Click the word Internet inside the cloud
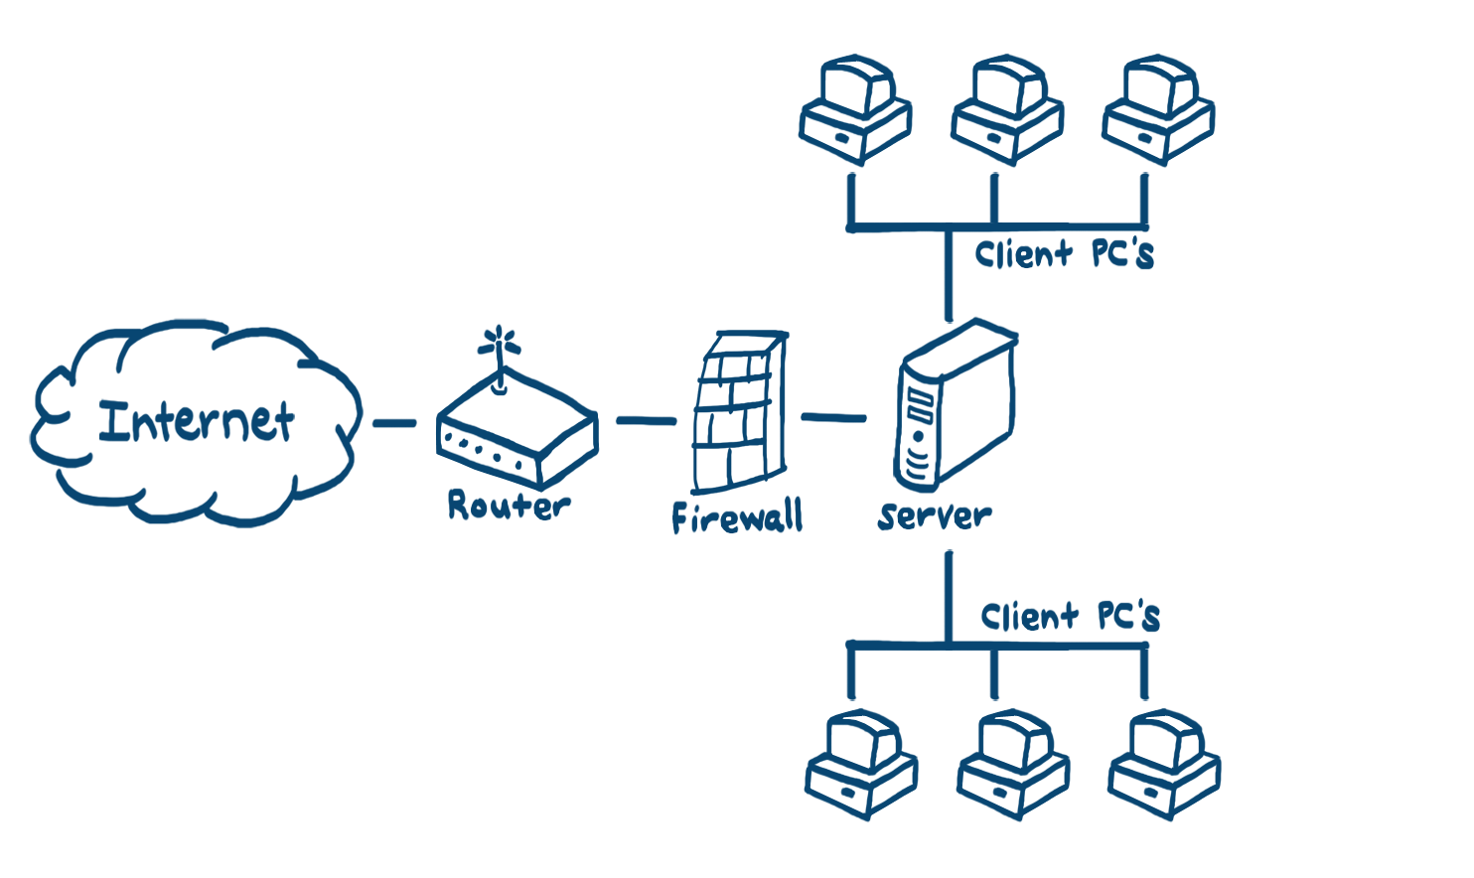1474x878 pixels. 197,421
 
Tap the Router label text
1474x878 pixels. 508,506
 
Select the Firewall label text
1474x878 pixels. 736,517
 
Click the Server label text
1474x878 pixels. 935,515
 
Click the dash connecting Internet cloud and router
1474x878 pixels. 394,424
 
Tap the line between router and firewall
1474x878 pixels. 645,420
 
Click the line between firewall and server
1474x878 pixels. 832,418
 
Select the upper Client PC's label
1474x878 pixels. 1063,254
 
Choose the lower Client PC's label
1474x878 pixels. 1070,617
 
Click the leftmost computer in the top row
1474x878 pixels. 855,109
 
